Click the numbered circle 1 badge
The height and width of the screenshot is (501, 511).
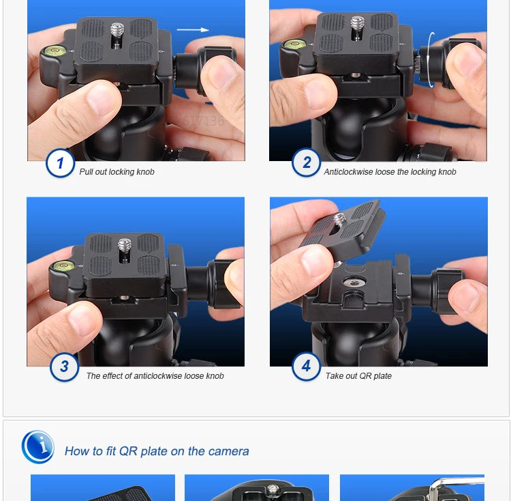(61, 163)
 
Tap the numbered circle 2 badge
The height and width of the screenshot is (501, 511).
(307, 162)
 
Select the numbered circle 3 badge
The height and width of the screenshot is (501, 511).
(64, 367)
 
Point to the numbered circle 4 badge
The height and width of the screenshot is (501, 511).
(307, 367)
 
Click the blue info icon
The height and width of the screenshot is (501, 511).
(37, 447)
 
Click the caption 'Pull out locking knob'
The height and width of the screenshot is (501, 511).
(117, 172)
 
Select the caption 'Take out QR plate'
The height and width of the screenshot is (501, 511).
(358, 376)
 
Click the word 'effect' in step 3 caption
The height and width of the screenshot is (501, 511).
(112, 376)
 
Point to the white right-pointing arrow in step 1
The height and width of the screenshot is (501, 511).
(193, 30)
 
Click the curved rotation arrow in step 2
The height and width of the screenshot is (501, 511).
(431, 60)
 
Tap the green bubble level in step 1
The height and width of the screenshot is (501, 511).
(55, 51)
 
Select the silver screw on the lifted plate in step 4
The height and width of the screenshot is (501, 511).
(339, 219)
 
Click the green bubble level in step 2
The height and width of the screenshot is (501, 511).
(294, 44)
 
